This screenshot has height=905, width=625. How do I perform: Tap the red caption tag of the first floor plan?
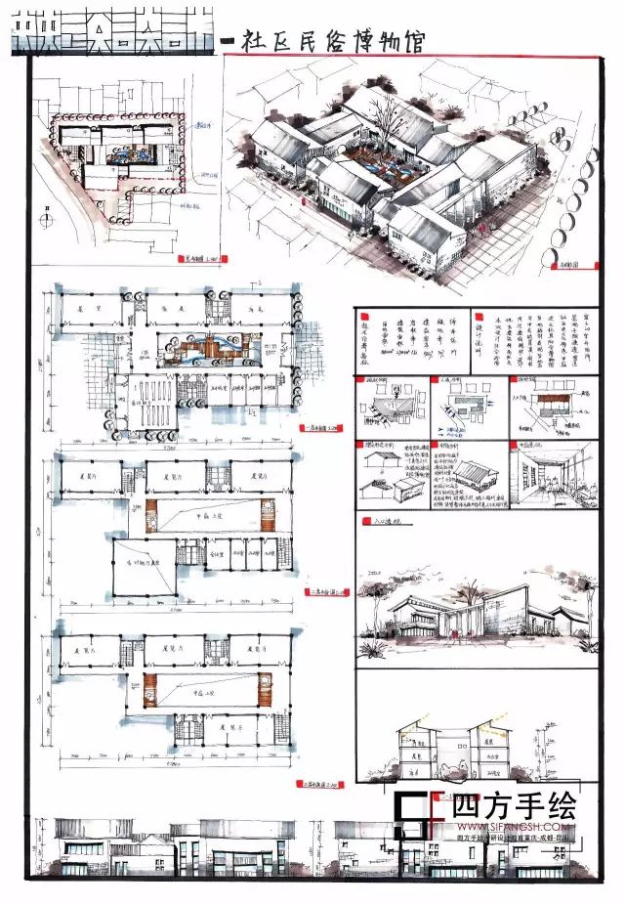pyautogui.click(x=312, y=428)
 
